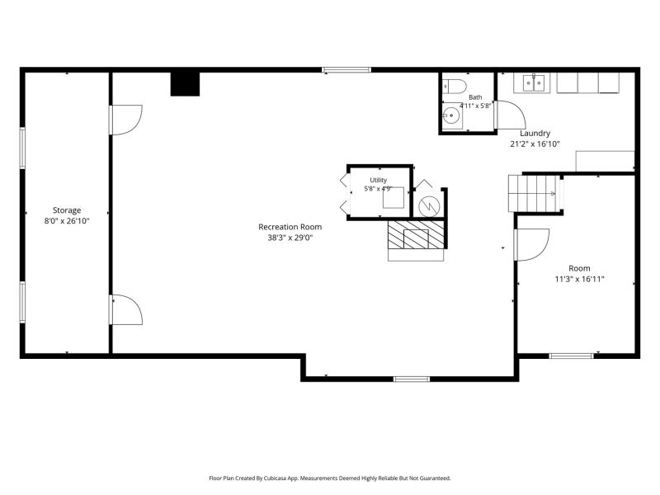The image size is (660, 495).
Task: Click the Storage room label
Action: (67, 210)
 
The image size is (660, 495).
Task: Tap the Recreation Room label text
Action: (290, 227)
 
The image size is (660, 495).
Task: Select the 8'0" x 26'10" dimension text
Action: (67, 220)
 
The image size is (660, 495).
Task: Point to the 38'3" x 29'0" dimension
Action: (290, 238)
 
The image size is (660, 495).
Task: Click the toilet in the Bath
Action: (455, 87)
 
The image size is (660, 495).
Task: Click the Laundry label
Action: (535, 134)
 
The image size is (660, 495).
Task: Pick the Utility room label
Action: (379, 180)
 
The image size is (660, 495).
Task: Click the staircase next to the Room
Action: (534, 193)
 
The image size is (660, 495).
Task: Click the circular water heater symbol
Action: (429, 205)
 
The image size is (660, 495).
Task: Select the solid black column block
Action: (185, 84)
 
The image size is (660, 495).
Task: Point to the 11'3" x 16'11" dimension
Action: (580, 279)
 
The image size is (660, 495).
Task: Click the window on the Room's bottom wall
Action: (571, 356)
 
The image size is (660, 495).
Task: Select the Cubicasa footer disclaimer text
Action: (330, 478)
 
